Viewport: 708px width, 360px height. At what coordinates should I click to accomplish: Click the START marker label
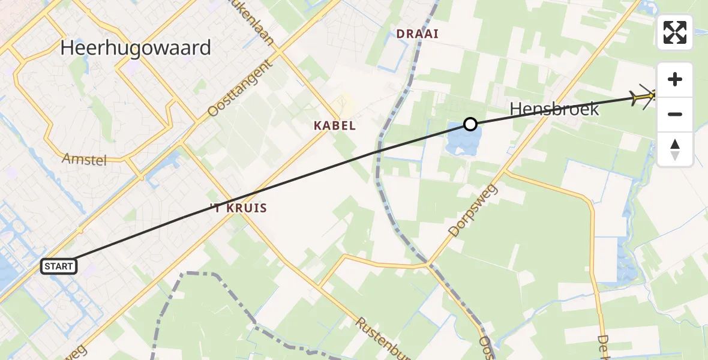coord(59,266)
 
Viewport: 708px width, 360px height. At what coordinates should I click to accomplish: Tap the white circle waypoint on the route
coord(470,124)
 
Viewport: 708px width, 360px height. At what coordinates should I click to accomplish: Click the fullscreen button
coord(675,32)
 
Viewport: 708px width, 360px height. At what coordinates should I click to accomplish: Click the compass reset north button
coord(675,149)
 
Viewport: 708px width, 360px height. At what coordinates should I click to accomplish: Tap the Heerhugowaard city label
coord(136,48)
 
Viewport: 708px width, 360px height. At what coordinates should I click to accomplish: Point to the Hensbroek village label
coord(554,109)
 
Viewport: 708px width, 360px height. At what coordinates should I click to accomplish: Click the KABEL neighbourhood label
coord(335,126)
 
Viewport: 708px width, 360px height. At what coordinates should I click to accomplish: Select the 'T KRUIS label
coord(239,208)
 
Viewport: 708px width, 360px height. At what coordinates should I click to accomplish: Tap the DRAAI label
coord(418,34)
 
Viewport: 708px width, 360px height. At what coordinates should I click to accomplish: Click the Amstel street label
coord(85,159)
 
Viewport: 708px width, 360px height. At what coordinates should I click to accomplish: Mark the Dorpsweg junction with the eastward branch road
coord(506,171)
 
